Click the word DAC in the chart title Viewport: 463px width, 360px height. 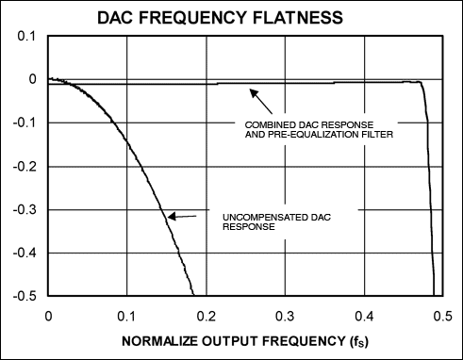(116, 18)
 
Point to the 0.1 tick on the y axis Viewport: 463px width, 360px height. (27, 36)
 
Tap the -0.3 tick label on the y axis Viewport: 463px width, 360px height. (25, 209)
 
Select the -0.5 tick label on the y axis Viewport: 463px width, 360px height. (25, 296)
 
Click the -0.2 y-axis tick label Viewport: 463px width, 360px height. (25, 166)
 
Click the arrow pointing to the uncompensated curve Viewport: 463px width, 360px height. (183, 218)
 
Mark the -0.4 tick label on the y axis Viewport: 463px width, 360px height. (25, 253)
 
